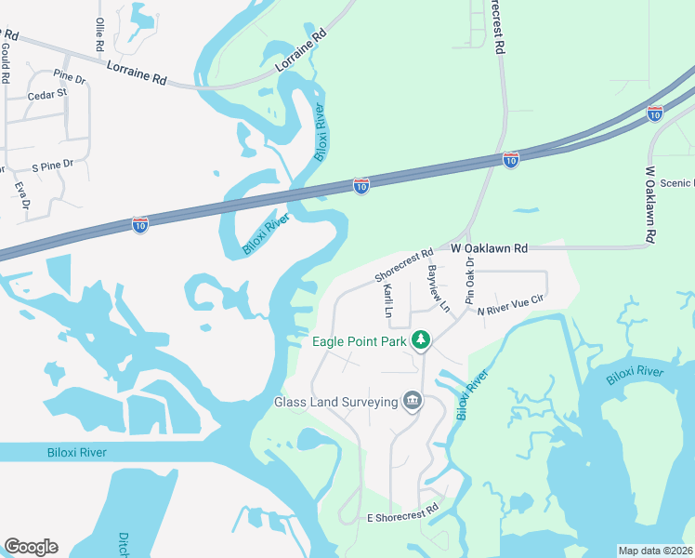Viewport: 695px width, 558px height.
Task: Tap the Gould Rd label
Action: click(x=6, y=68)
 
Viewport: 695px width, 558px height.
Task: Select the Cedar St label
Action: click(x=47, y=94)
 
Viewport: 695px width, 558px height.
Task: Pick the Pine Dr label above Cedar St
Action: click(x=68, y=74)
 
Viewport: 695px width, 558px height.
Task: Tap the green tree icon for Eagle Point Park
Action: click(x=422, y=340)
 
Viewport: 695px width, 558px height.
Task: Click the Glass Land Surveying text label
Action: click(x=335, y=403)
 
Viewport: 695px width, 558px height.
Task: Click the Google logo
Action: click(x=31, y=547)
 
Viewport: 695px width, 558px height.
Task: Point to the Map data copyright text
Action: click(x=655, y=551)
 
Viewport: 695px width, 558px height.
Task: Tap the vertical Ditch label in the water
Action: click(x=124, y=545)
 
